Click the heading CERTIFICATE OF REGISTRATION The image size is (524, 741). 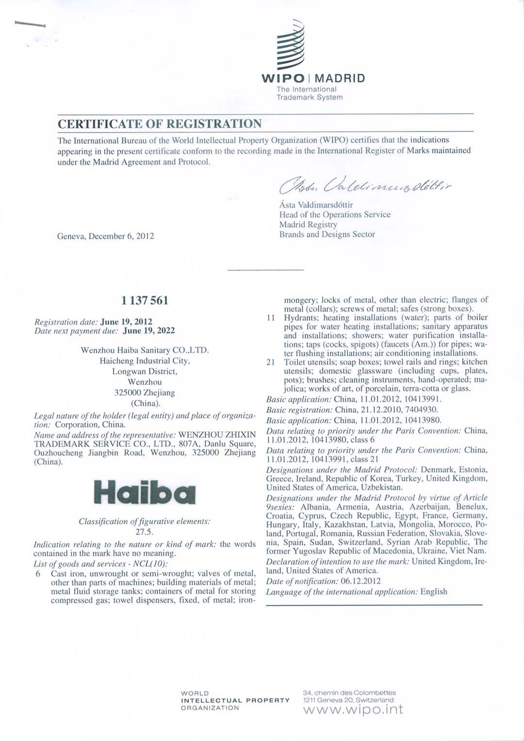point(160,124)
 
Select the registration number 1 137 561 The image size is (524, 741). point(145,300)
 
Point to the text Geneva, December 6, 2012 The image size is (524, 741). point(105,236)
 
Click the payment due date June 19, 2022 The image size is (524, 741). point(149,330)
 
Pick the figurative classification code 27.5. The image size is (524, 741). point(144,531)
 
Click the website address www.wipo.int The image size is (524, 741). point(353,709)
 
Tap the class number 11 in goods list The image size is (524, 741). point(271,318)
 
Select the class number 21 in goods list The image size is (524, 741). point(271,362)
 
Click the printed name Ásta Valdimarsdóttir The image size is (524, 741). point(316,205)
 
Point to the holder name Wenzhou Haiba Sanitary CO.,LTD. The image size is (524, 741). point(145,350)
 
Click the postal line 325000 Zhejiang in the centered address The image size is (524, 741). point(145,393)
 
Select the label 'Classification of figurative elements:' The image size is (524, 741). point(145,522)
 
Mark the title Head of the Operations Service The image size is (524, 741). point(334,214)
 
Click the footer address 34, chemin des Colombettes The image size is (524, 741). point(349,692)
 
